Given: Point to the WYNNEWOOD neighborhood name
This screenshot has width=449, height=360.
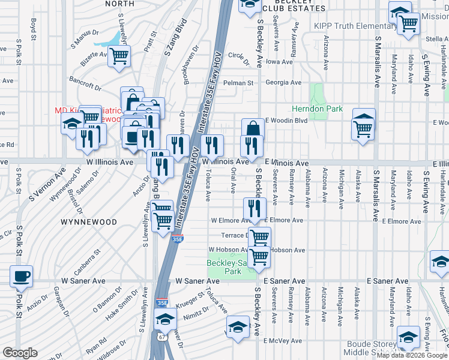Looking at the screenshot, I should [88, 222].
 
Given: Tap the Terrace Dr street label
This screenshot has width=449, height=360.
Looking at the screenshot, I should [234, 236].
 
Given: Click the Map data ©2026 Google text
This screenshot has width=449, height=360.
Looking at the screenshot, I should [412, 355].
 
